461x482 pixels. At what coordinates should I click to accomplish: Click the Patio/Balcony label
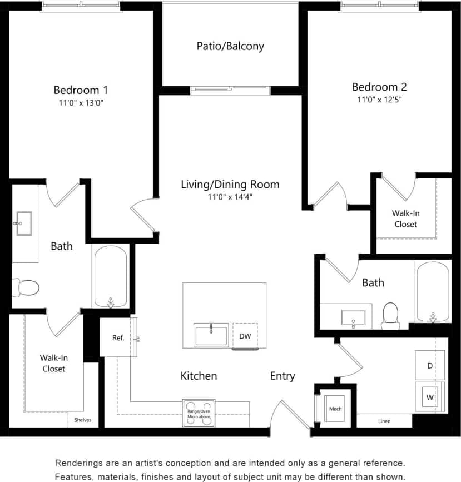tap(230, 46)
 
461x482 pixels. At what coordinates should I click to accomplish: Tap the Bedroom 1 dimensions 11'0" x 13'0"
tap(81, 102)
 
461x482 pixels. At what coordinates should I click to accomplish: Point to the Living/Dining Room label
tap(230, 185)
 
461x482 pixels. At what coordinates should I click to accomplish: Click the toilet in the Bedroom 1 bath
tap(26, 287)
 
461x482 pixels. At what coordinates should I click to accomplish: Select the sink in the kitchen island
tap(211, 335)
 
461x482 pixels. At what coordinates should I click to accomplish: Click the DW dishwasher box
tap(245, 336)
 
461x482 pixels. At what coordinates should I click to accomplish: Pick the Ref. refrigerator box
tap(118, 337)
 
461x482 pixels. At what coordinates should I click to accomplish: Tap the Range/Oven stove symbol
tap(199, 413)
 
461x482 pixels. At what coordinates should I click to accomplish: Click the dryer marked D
tap(430, 365)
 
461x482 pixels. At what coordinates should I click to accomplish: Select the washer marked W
tap(430, 396)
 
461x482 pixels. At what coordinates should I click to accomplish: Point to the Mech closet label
tap(335, 409)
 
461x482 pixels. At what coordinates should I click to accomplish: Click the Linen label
tap(384, 421)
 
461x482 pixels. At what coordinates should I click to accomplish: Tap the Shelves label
tap(83, 420)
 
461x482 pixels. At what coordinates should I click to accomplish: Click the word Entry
tap(282, 376)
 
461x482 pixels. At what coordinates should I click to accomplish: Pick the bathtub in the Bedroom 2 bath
tap(432, 291)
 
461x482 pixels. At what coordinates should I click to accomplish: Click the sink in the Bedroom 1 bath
tap(24, 223)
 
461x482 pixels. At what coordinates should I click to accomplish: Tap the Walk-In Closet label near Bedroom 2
tap(405, 218)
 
